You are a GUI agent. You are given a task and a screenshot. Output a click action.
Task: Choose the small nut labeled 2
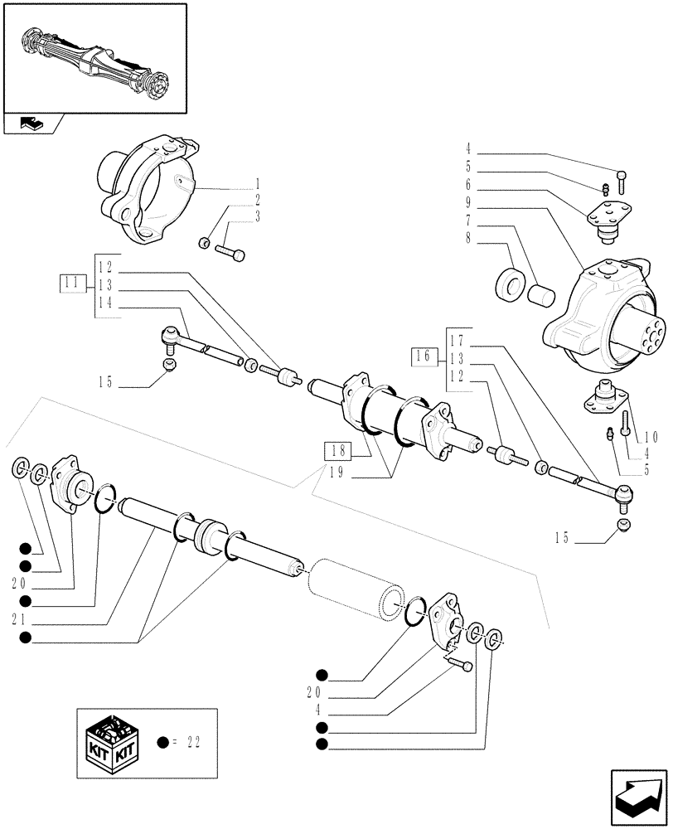(x=204, y=243)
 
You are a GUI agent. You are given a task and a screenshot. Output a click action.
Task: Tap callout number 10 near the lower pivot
(x=649, y=437)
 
